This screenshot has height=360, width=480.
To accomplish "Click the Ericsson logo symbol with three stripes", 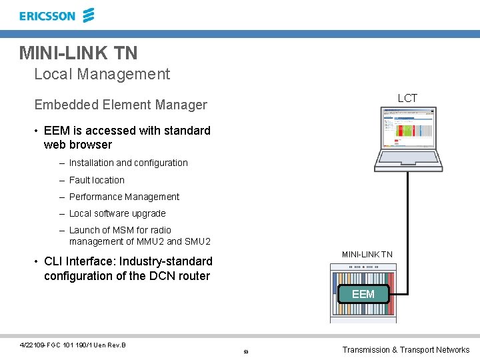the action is pos(88,15).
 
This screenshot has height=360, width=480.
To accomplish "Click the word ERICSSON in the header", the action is pos(47,16).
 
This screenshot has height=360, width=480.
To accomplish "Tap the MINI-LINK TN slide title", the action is pos(78,52).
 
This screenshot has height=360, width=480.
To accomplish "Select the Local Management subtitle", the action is pos(102,74).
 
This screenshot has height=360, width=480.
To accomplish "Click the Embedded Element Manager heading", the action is pos(121,105).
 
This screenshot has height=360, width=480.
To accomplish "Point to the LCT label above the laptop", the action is pos(407,98).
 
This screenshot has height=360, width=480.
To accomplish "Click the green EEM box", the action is pos(363,294).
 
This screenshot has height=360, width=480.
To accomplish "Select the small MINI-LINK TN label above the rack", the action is pos(367,254).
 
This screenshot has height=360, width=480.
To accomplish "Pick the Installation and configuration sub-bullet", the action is pos(128,163).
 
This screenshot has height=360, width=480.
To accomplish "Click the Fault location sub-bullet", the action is pos(97,180).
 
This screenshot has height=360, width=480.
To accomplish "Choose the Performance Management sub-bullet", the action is pos(124,197).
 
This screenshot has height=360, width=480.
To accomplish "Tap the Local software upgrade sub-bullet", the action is pos(117,213).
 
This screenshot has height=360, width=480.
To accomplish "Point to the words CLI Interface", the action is pos(82,261).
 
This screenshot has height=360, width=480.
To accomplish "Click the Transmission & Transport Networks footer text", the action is pos(405,350).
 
